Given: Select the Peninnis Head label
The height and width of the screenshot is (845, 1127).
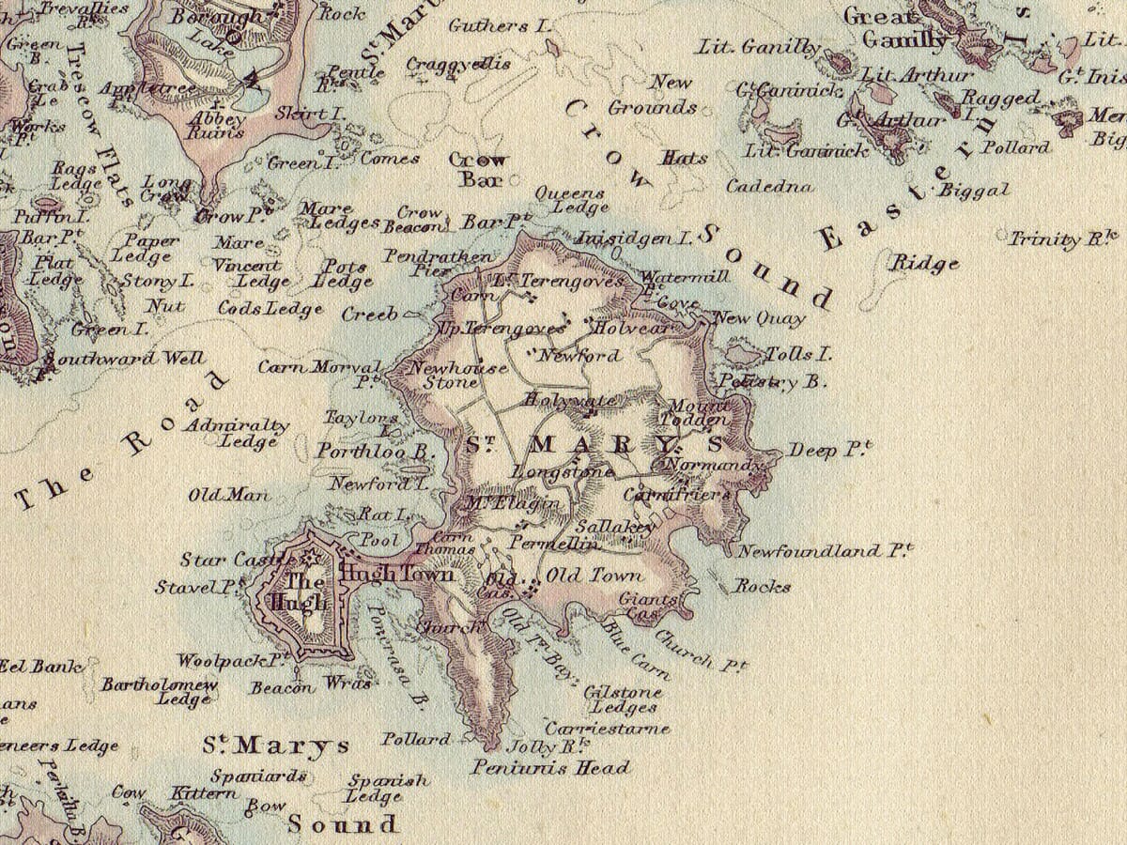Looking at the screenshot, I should pyautogui.click(x=549, y=768).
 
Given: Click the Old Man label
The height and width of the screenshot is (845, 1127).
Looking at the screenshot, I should pyautogui.click(x=218, y=495).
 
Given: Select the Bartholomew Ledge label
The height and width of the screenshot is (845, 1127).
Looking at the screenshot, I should pyautogui.click(x=160, y=692).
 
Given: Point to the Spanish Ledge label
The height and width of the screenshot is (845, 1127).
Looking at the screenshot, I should pyautogui.click(x=388, y=788).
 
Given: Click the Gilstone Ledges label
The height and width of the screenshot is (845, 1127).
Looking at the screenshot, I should pyautogui.click(x=623, y=699).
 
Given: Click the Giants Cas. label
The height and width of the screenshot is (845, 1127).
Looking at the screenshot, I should pyautogui.click(x=648, y=607).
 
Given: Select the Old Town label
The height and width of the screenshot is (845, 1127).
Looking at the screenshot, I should pyautogui.click(x=595, y=575).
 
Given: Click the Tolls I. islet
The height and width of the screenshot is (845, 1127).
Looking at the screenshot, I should pyautogui.click(x=744, y=354).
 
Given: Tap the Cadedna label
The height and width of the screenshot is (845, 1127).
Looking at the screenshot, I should pyautogui.click(x=769, y=186).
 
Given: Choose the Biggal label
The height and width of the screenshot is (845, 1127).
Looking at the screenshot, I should pyautogui.click(x=975, y=191).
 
